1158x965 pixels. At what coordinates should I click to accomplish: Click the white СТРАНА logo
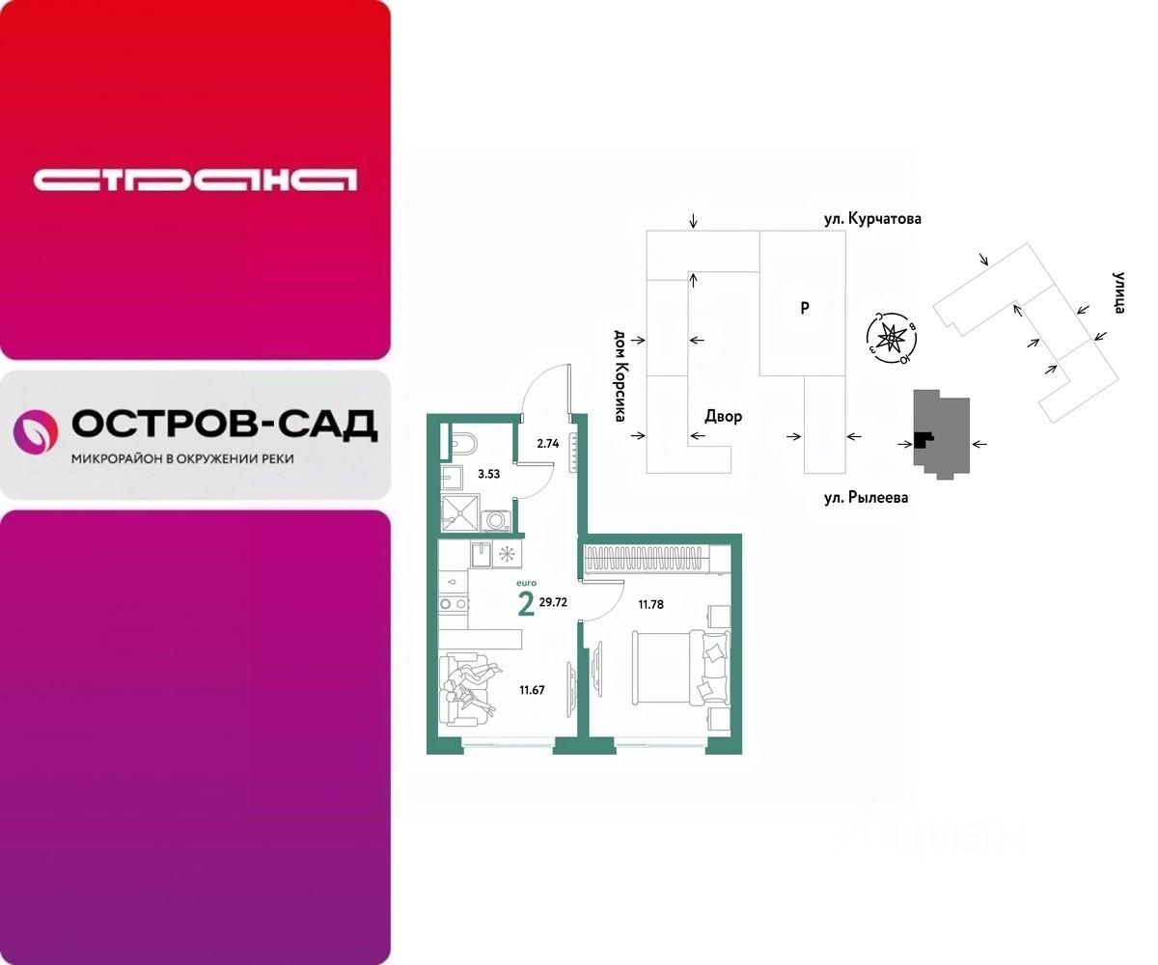click(195, 179)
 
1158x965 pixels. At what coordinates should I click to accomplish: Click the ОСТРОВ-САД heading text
click(224, 424)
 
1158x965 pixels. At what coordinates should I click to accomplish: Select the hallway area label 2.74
click(548, 444)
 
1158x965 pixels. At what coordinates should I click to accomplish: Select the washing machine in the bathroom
click(498, 520)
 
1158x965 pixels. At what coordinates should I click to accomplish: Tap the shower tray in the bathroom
click(459, 511)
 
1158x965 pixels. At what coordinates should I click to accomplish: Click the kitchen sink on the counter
click(482, 554)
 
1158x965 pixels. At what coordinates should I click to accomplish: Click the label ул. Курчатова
click(872, 219)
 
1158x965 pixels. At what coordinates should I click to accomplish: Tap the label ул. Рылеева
click(865, 498)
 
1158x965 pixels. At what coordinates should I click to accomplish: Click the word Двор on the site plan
click(723, 417)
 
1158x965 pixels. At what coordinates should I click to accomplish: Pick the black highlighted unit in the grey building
click(924, 440)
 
